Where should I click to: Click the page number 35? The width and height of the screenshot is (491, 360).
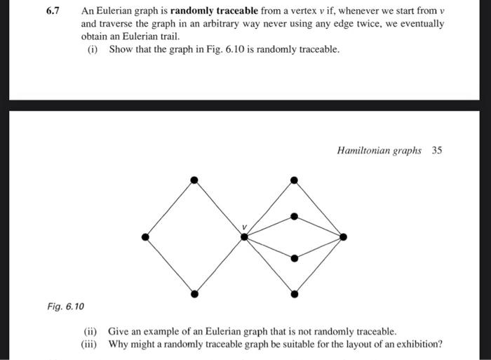[437, 150]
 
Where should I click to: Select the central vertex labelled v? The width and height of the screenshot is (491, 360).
[244, 236]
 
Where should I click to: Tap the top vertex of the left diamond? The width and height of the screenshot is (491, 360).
[195, 180]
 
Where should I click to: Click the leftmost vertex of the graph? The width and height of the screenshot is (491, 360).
[145, 236]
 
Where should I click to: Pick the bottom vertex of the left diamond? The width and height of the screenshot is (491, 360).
[195, 292]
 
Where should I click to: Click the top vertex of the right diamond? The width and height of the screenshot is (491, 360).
[294, 180]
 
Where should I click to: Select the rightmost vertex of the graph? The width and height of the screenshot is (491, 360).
[343, 236]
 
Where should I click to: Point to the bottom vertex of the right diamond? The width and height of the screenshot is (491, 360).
[294, 292]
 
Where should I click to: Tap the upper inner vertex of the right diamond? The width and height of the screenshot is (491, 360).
[294, 215]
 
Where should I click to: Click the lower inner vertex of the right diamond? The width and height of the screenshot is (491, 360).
[294, 258]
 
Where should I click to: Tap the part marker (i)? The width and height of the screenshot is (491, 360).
[92, 49]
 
